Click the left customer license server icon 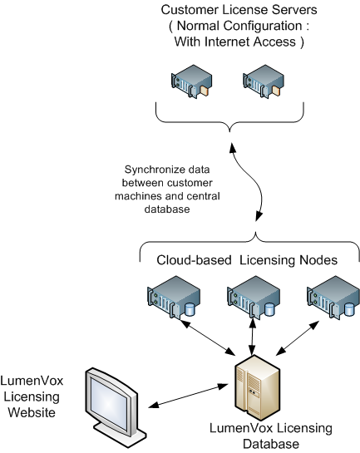pos(191,81)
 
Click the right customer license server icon pos(264,81)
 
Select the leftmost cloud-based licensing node pos(174,298)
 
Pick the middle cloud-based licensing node pos(254,298)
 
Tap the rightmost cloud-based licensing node pos(333,298)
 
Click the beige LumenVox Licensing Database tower pos(258,387)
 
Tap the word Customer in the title pos(190,10)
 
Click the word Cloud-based pos(194,260)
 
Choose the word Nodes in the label pos(318,260)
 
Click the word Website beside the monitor pos(32,412)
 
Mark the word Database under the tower pos(271,444)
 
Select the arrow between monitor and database pos(188,396)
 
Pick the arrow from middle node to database pos(253,337)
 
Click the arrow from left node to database pos(207,337)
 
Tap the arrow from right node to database pos(298,337)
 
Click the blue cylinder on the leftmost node pos(190,309)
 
